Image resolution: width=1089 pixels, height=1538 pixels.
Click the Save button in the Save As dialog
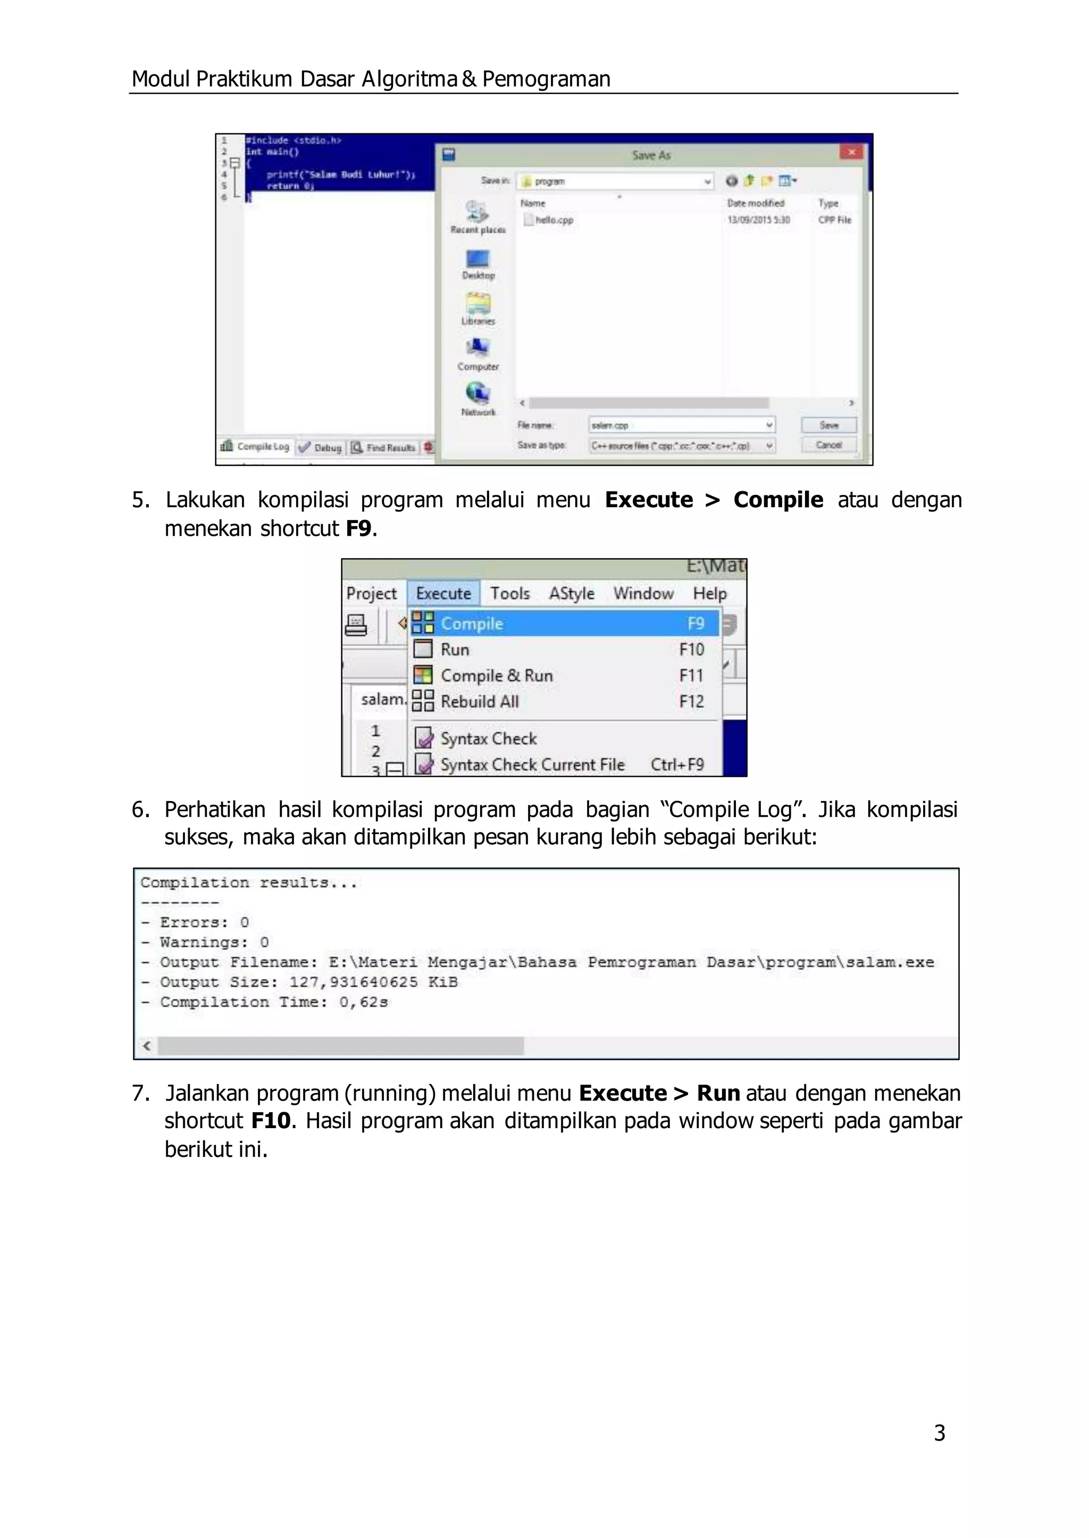coord(829,425)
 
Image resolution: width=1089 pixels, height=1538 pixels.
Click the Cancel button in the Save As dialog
coord(829,445)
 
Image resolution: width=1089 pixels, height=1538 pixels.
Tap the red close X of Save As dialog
coord(851,153)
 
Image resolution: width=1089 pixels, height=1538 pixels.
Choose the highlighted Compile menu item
coord(472,624)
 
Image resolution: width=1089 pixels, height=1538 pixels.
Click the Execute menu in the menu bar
coord(443,593)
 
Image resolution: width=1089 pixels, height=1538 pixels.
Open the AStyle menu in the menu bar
coord(571,593)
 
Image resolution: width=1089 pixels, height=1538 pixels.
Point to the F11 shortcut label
coord(691,675)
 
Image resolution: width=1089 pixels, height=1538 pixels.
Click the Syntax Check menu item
coord(488,738)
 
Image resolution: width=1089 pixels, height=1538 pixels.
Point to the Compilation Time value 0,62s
coord(364,1002)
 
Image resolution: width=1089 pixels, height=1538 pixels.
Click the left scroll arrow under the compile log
coord(147,1045)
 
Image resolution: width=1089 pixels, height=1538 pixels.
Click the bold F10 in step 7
coord(271,1120)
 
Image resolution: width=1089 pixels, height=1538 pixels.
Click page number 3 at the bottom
coord(940,1433)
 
